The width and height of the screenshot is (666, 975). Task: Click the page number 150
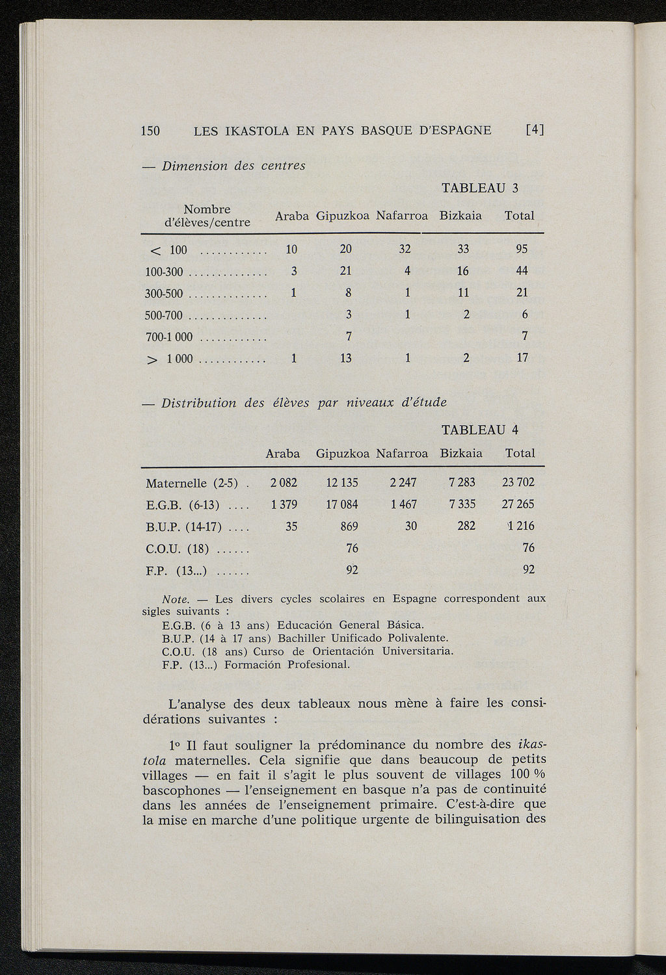coord(150,130)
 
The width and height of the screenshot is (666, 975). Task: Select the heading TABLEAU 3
coord(479,188)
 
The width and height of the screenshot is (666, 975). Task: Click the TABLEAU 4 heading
coord(479,430)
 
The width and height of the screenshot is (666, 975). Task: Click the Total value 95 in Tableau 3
coord(521,249)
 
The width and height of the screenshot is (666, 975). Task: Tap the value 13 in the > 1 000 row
coord(346,358)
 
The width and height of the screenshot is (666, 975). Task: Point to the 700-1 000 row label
coord(169,337)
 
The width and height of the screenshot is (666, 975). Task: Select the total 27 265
coord(518,504)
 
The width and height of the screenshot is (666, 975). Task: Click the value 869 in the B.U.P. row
coord(349,526)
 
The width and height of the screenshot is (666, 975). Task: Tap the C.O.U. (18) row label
coord(177,549)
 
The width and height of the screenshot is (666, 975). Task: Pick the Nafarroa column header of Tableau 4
coord(402,453)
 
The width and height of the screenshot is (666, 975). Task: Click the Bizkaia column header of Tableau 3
coord(460,215)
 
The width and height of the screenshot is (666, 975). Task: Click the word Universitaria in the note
coord(418,651)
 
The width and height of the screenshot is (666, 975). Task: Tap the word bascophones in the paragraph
coord(181,790)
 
